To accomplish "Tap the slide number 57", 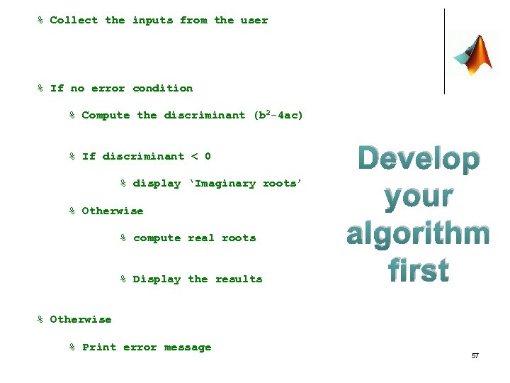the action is pos(475,355).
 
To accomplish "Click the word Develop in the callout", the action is pos(418,160).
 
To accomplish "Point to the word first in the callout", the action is pos(419,271).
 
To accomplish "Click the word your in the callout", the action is pos(419,196).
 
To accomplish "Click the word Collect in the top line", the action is pos(74,21).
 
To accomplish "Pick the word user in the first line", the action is pos(254,21).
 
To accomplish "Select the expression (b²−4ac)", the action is pos(278,115).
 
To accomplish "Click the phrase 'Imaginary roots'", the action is pos(245,184).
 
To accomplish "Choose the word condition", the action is pos(163,89).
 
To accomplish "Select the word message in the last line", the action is pos(188,348).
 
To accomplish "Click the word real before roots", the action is pos(201,238).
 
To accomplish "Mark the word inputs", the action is pos(152,21).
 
